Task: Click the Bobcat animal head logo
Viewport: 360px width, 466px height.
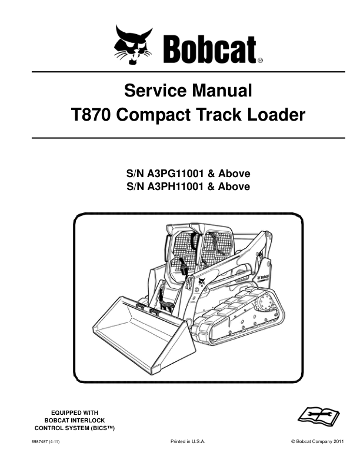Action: click(x=133, y=45)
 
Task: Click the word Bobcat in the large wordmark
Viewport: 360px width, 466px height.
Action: click(x=209, y=49)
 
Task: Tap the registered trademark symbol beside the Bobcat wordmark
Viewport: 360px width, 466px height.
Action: click(x=260, y=61)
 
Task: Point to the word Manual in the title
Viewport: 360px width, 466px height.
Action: click(x=223, y=91)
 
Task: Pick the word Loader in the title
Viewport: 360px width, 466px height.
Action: click(x=276, y=115)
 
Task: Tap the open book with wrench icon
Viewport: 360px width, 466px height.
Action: click(x=318, y=415)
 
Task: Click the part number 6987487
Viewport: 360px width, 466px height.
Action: click(x=37, y=442)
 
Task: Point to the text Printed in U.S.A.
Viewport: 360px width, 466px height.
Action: click(x=188, y=442)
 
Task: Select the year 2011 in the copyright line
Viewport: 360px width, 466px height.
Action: click(x=339, y=442)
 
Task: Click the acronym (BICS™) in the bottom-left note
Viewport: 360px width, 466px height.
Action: click(x=102, y=428)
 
